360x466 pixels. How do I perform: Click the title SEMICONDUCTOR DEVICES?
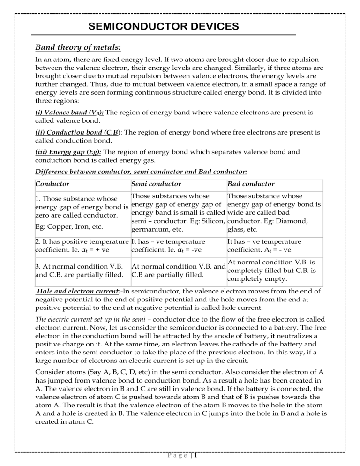tap(164, 27)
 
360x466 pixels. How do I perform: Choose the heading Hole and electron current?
tap(77, 291)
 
